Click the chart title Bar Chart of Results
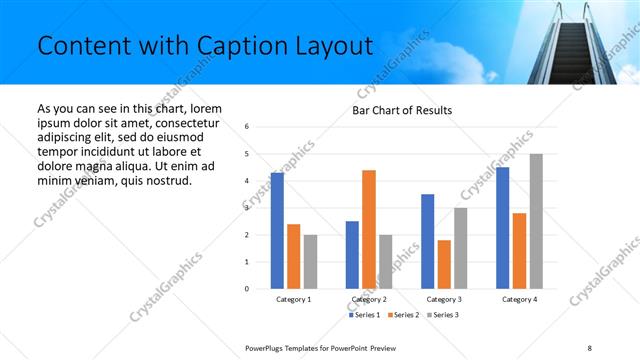(401, 110)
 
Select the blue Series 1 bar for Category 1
(277, 231)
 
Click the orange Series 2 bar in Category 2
(368, 229)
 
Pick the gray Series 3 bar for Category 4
(536, 221)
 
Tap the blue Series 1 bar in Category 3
(428, 241)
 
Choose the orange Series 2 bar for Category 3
(444, 264)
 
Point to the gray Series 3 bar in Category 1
(310, 262)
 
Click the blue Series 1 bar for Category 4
(502, 228)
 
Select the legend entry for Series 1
(365, 315)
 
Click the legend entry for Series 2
(401, 315)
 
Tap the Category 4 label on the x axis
(519, 299)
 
